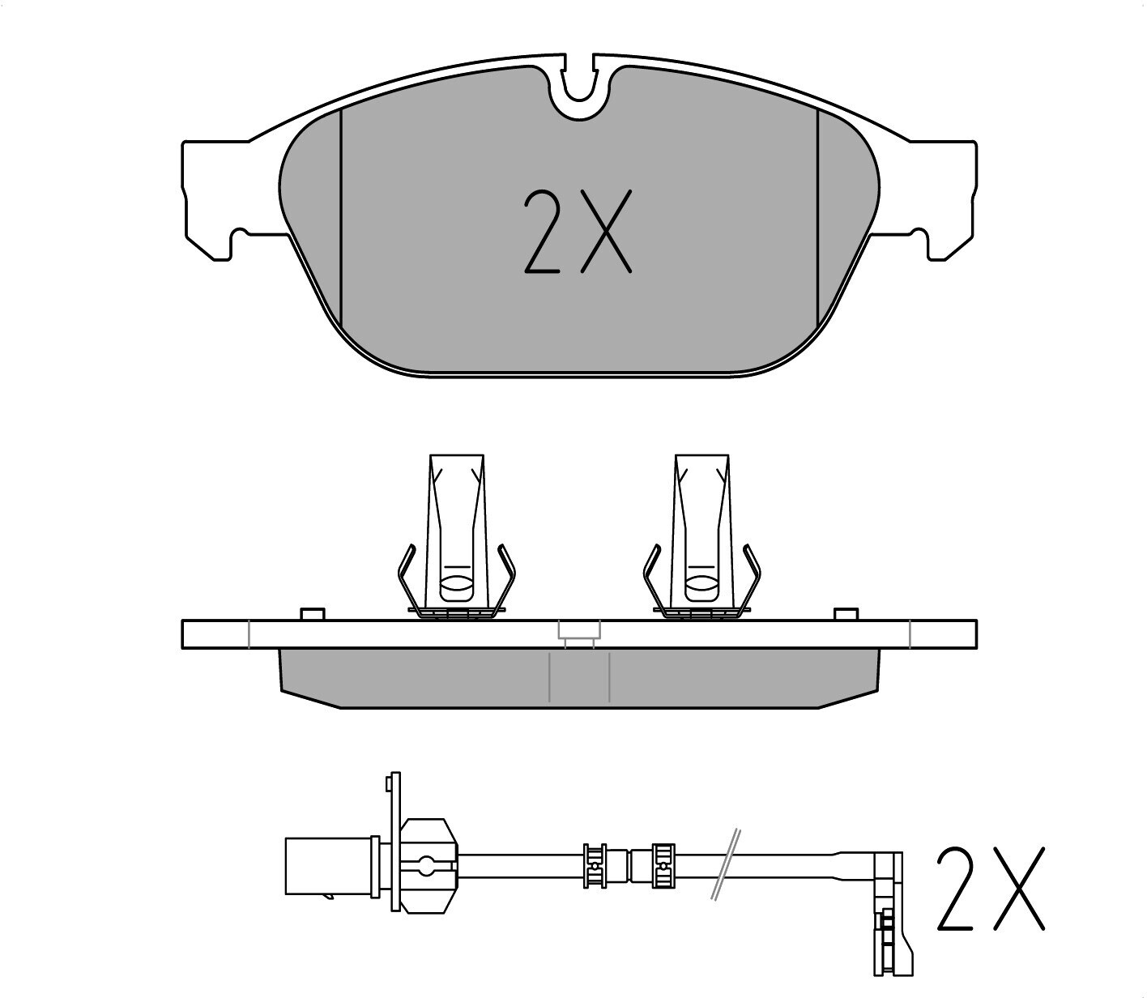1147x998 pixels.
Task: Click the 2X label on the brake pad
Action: click(578, 232)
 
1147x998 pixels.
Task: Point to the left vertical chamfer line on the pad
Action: click(341, 219)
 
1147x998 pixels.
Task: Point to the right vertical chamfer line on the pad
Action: click(818, 219)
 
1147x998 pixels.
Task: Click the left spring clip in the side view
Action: click(456, 538)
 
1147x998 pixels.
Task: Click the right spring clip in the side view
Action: click(701, 538)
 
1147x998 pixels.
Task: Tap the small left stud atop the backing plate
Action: click(313, 614)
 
